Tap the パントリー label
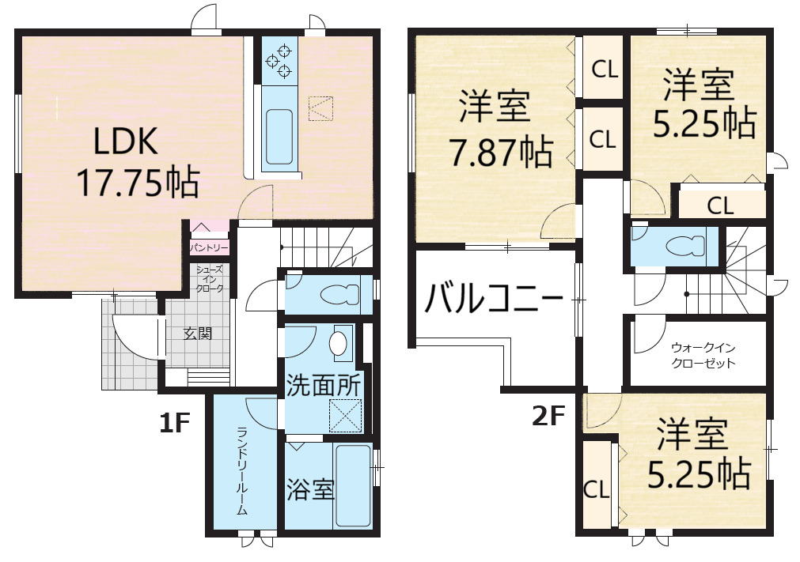pos(209,248)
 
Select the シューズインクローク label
pos(210,279)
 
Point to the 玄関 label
pos(198,334)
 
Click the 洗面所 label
pos(323,386)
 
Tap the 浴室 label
pos(309,488)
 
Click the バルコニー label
pos(493,299)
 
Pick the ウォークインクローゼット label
pos(703,356)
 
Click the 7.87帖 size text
pos(501,151)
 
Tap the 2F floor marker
pos(548,417)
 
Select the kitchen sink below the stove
pos(279,136)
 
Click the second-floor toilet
pos(685,246)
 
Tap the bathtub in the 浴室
pos(353,485)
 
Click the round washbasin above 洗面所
pos(338,343)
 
